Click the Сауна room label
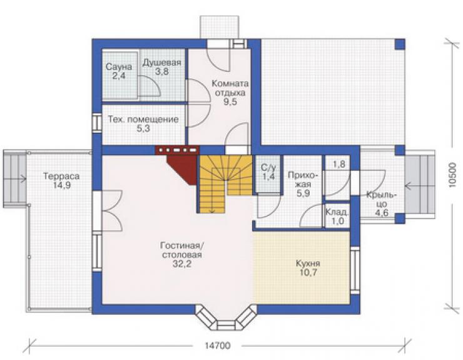tap(119, 71)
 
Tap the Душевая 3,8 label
tap(161, 67)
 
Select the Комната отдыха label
tap(230, 93)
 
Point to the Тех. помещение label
tap(143, 124)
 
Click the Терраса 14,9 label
tap(61, 180)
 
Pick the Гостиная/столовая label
tap(182, 254)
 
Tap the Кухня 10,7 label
tap(308, 268)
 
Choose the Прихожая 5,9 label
tap(303, 185)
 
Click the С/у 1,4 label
tap(268, 172)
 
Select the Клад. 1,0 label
tap(337, 217)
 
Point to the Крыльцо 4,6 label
tap(382, 203)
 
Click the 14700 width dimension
tap(217, 345)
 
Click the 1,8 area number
tap(338, 164)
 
